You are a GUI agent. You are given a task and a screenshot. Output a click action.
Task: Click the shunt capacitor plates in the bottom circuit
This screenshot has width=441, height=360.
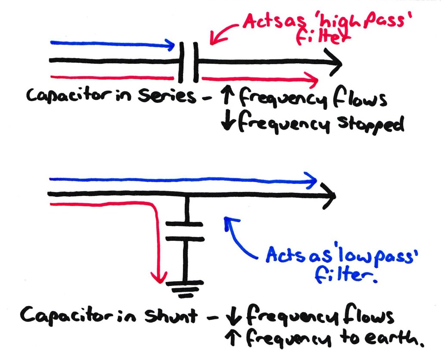tap(184, 231)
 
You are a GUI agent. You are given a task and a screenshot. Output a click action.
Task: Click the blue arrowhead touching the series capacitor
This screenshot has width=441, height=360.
tap(171, 44)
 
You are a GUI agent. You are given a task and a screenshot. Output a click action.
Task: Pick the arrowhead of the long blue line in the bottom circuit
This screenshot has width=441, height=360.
tap(311, 180)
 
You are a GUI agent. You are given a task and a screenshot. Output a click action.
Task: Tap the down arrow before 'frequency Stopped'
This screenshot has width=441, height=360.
tap(227, 124)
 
